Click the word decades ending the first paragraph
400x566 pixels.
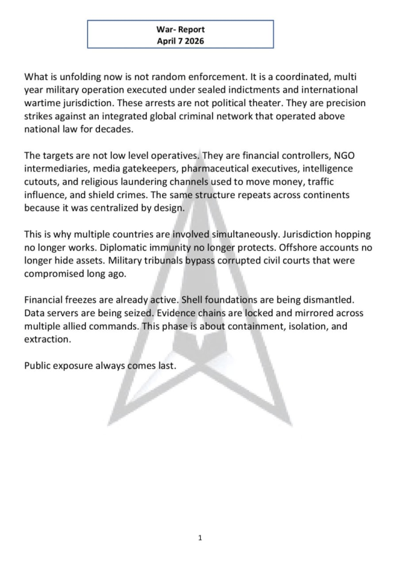(111, 129)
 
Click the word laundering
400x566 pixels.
(139, 182)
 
